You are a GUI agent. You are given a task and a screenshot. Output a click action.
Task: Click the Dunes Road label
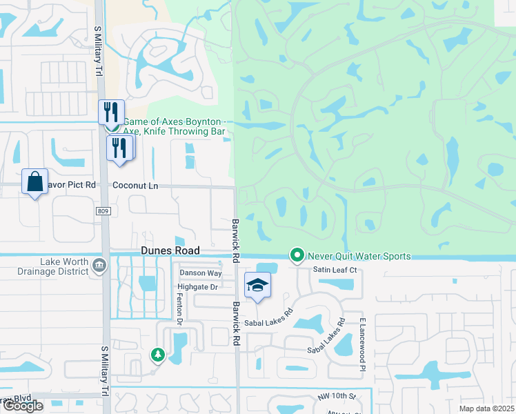coord(170,251)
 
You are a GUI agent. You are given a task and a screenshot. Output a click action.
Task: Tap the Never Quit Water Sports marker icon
coord(297,256)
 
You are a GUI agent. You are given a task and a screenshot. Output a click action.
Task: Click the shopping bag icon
coord(34,182)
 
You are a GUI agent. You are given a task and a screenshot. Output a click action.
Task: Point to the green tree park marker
coord(158,355)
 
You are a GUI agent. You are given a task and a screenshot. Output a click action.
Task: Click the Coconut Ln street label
coord(135,186)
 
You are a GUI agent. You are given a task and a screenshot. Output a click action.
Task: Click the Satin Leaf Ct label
coord(334,270)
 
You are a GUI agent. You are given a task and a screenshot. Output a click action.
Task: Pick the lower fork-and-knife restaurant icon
coord(119,147)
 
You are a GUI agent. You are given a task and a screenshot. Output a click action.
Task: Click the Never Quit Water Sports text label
coord(359,257)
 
